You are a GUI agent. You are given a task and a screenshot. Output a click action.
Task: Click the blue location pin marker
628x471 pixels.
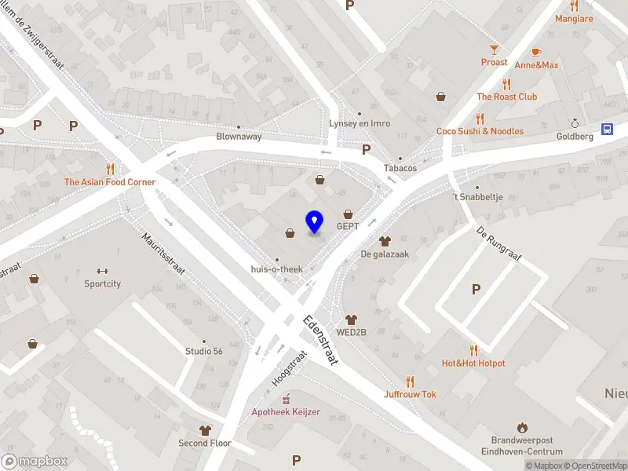(x=314, y=222)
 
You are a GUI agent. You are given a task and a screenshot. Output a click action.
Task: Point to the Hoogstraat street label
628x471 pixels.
(x=287, y=367)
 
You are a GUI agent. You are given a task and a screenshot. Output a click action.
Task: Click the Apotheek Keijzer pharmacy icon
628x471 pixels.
(x=286, y=398)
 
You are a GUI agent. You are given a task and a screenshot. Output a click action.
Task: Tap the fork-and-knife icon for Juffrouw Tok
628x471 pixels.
(x=410, y=382)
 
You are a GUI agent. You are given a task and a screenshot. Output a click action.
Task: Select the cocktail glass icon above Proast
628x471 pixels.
(x=495, y=49)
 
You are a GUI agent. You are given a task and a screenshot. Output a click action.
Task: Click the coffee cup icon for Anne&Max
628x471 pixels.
(x=536, y=52)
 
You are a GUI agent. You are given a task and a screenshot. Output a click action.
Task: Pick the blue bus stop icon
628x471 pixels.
(x=608, y=130)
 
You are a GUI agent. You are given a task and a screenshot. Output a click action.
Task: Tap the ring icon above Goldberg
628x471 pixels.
(x=575, y=123)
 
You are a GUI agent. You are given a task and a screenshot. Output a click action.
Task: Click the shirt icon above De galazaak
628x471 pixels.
(x=384, y=241)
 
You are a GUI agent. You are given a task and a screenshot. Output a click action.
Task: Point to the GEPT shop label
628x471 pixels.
(x=348, y=226)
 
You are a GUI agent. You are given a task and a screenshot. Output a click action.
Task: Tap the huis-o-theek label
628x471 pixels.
(x=276, y=269)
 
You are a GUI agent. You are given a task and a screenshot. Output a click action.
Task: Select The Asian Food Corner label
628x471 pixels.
(x=110, y=182)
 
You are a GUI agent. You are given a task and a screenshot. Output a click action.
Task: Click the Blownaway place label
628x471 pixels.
(x=239, y=136)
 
